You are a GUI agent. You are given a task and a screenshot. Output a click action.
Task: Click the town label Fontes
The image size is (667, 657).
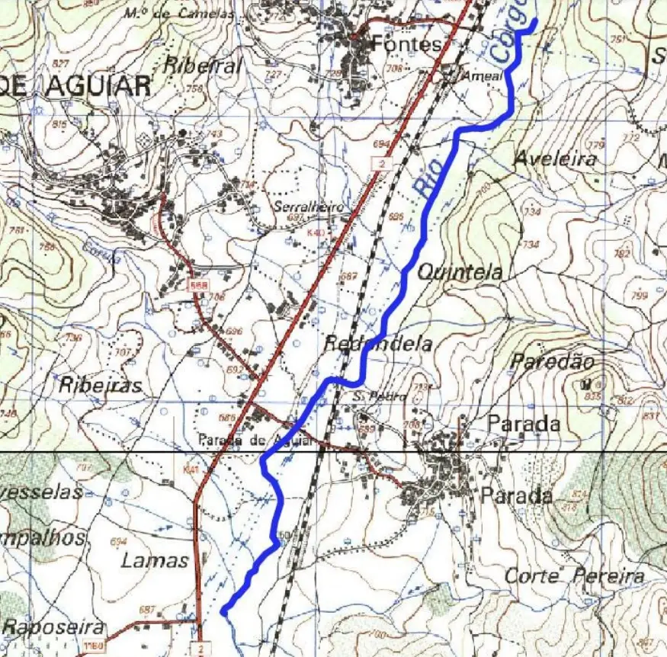407,45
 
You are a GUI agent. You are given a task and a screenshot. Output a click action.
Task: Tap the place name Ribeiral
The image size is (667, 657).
203,66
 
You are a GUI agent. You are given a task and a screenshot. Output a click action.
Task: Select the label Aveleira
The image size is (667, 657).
555,159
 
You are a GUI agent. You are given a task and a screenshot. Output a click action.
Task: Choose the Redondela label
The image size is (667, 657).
378,344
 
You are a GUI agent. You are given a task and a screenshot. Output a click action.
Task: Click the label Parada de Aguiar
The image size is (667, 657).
255,440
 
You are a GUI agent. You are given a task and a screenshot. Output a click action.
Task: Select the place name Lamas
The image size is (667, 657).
155,561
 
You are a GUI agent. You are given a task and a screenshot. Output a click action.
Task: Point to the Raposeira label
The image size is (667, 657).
53,627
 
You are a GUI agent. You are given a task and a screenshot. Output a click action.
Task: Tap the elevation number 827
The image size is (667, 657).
61,64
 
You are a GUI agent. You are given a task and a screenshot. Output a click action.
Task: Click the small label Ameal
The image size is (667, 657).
488,77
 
